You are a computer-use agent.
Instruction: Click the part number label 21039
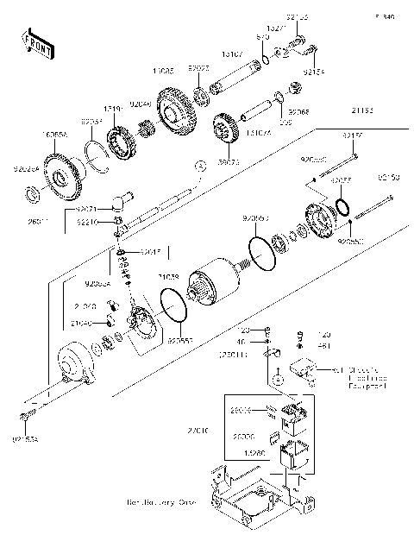pos(168,277)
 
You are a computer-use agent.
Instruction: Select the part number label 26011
pos(38,221)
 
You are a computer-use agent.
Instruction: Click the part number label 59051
pos(229,160)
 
